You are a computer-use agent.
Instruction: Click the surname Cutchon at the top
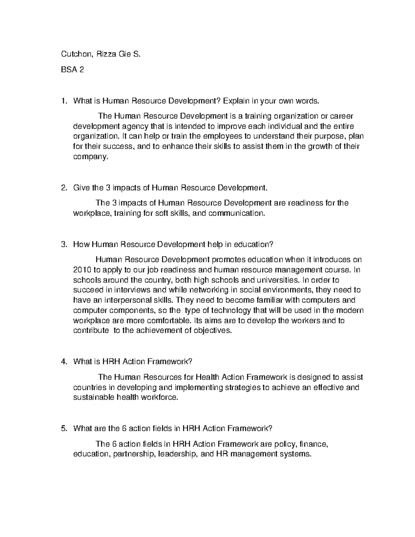pos(74,54)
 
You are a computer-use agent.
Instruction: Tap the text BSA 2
pos(72,70)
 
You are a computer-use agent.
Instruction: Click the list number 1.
pos(63,101)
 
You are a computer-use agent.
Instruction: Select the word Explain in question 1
pos(236,101)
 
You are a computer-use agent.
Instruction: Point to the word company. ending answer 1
pos(91,157)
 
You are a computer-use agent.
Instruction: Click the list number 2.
pos(63,188)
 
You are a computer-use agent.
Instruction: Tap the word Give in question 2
pos(81,188)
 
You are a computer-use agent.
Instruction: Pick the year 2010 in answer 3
pos(81,269)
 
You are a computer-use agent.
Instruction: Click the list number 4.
pos(63,362)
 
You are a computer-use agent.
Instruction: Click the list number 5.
pos(63,429)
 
